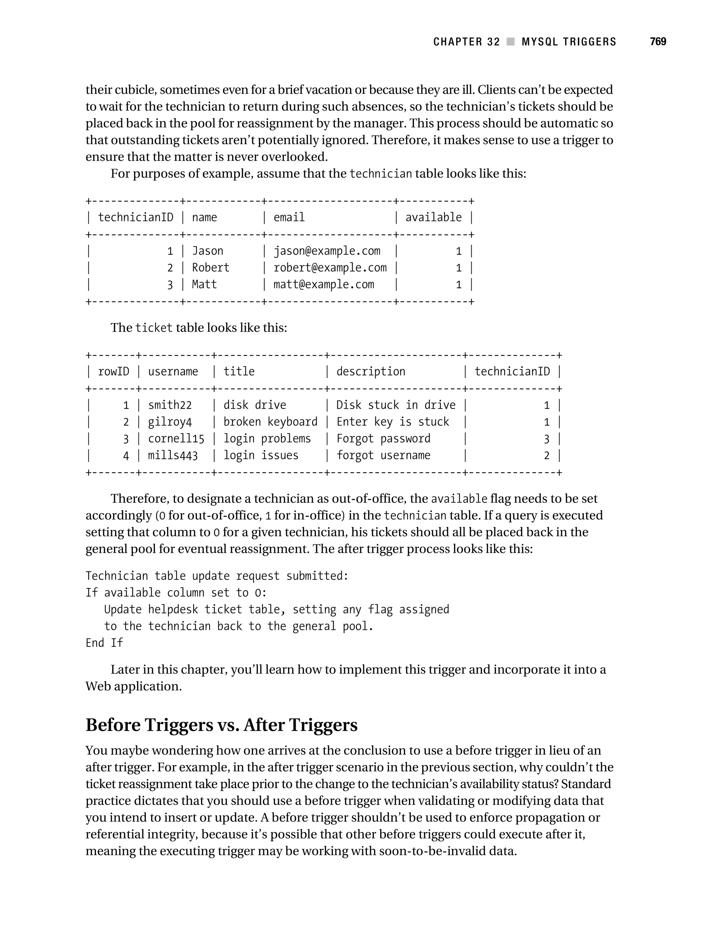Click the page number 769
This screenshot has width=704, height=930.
pyautogui.click(x=658, y=42)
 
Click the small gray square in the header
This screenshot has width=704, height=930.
pyautogui.click(x=510, y=42)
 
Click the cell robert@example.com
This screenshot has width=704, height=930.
pyautogui.click(x=330, y=268)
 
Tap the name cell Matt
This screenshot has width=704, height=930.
pyautogui.click(x=205, y=285)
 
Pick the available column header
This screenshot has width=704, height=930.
pyautogui.click(x=433, y=217)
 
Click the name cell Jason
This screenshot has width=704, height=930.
pyautogui.click(x=207, y=251)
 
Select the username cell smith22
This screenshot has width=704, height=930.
pyautogui.click(x=170, y=405)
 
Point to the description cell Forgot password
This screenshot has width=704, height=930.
pyautogui.click(x=383, y=439)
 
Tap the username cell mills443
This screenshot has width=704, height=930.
pyautogui.click(x=173, y=455)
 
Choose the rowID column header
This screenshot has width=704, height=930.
pyautogui.click(x=113, y=372)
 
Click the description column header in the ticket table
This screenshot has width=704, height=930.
pyautogui.click(x=371, y=372)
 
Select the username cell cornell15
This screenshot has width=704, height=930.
pyautogui.click(x=176, y=439)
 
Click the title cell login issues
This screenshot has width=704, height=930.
pyautogui.click(x=261, y=455)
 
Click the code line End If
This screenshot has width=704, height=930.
pyautogui.click(x=104, y=643)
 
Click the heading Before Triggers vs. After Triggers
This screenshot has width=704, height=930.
pyautogui.click(x=221, y=725)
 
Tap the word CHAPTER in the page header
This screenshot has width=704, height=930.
pyautogui.click(x=458, y=42)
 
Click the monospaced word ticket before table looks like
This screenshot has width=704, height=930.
pyautogui.click(x=154, y=328)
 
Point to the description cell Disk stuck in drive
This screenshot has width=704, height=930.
pyautogui.click(x=396, y=405)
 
